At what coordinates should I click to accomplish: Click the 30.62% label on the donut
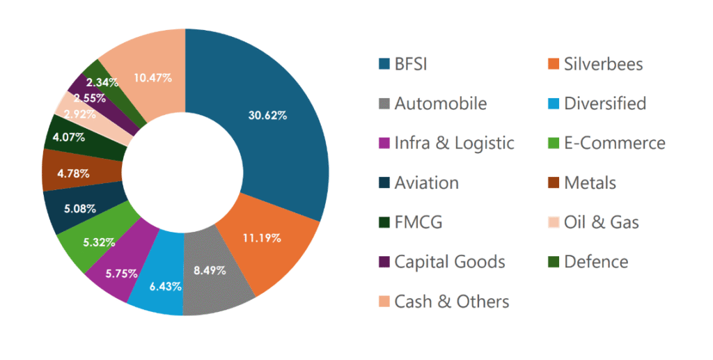click(267, 116)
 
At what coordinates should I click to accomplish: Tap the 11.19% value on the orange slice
click(262, 238)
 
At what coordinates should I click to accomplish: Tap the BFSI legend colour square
click(383, 65)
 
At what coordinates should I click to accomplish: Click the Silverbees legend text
click(603, 65)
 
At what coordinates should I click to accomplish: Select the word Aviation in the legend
click(426, 183)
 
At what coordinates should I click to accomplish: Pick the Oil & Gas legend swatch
click(553, 223)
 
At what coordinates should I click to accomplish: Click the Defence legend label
click(596, 262)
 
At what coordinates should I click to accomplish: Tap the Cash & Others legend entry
click(451, 302)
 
